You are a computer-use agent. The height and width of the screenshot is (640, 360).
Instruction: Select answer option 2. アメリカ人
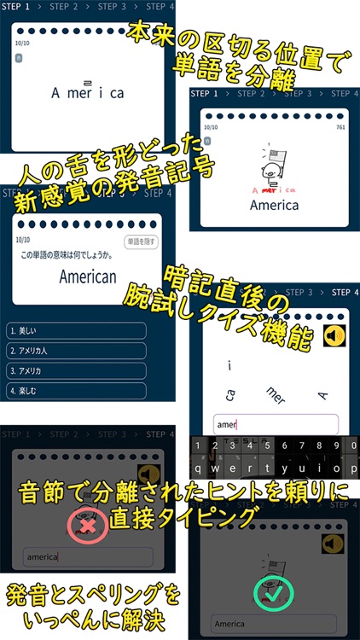click(x=75, y=351)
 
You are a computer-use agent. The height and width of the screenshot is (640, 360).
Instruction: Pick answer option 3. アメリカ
click(x=75, y=371)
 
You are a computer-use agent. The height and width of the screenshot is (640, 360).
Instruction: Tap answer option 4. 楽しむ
click(x=75, y=391)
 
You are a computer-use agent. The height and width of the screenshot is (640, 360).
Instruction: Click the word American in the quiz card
click(x=88, y=276)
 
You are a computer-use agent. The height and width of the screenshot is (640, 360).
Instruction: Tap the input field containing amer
click(x=275, y=424)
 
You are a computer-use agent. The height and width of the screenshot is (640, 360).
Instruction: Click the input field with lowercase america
click(x=87, y=557)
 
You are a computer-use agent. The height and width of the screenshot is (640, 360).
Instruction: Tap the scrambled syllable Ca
click(x=230, y=394)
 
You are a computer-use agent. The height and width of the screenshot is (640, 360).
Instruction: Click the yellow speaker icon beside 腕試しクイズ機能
click(x=336, y=336)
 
